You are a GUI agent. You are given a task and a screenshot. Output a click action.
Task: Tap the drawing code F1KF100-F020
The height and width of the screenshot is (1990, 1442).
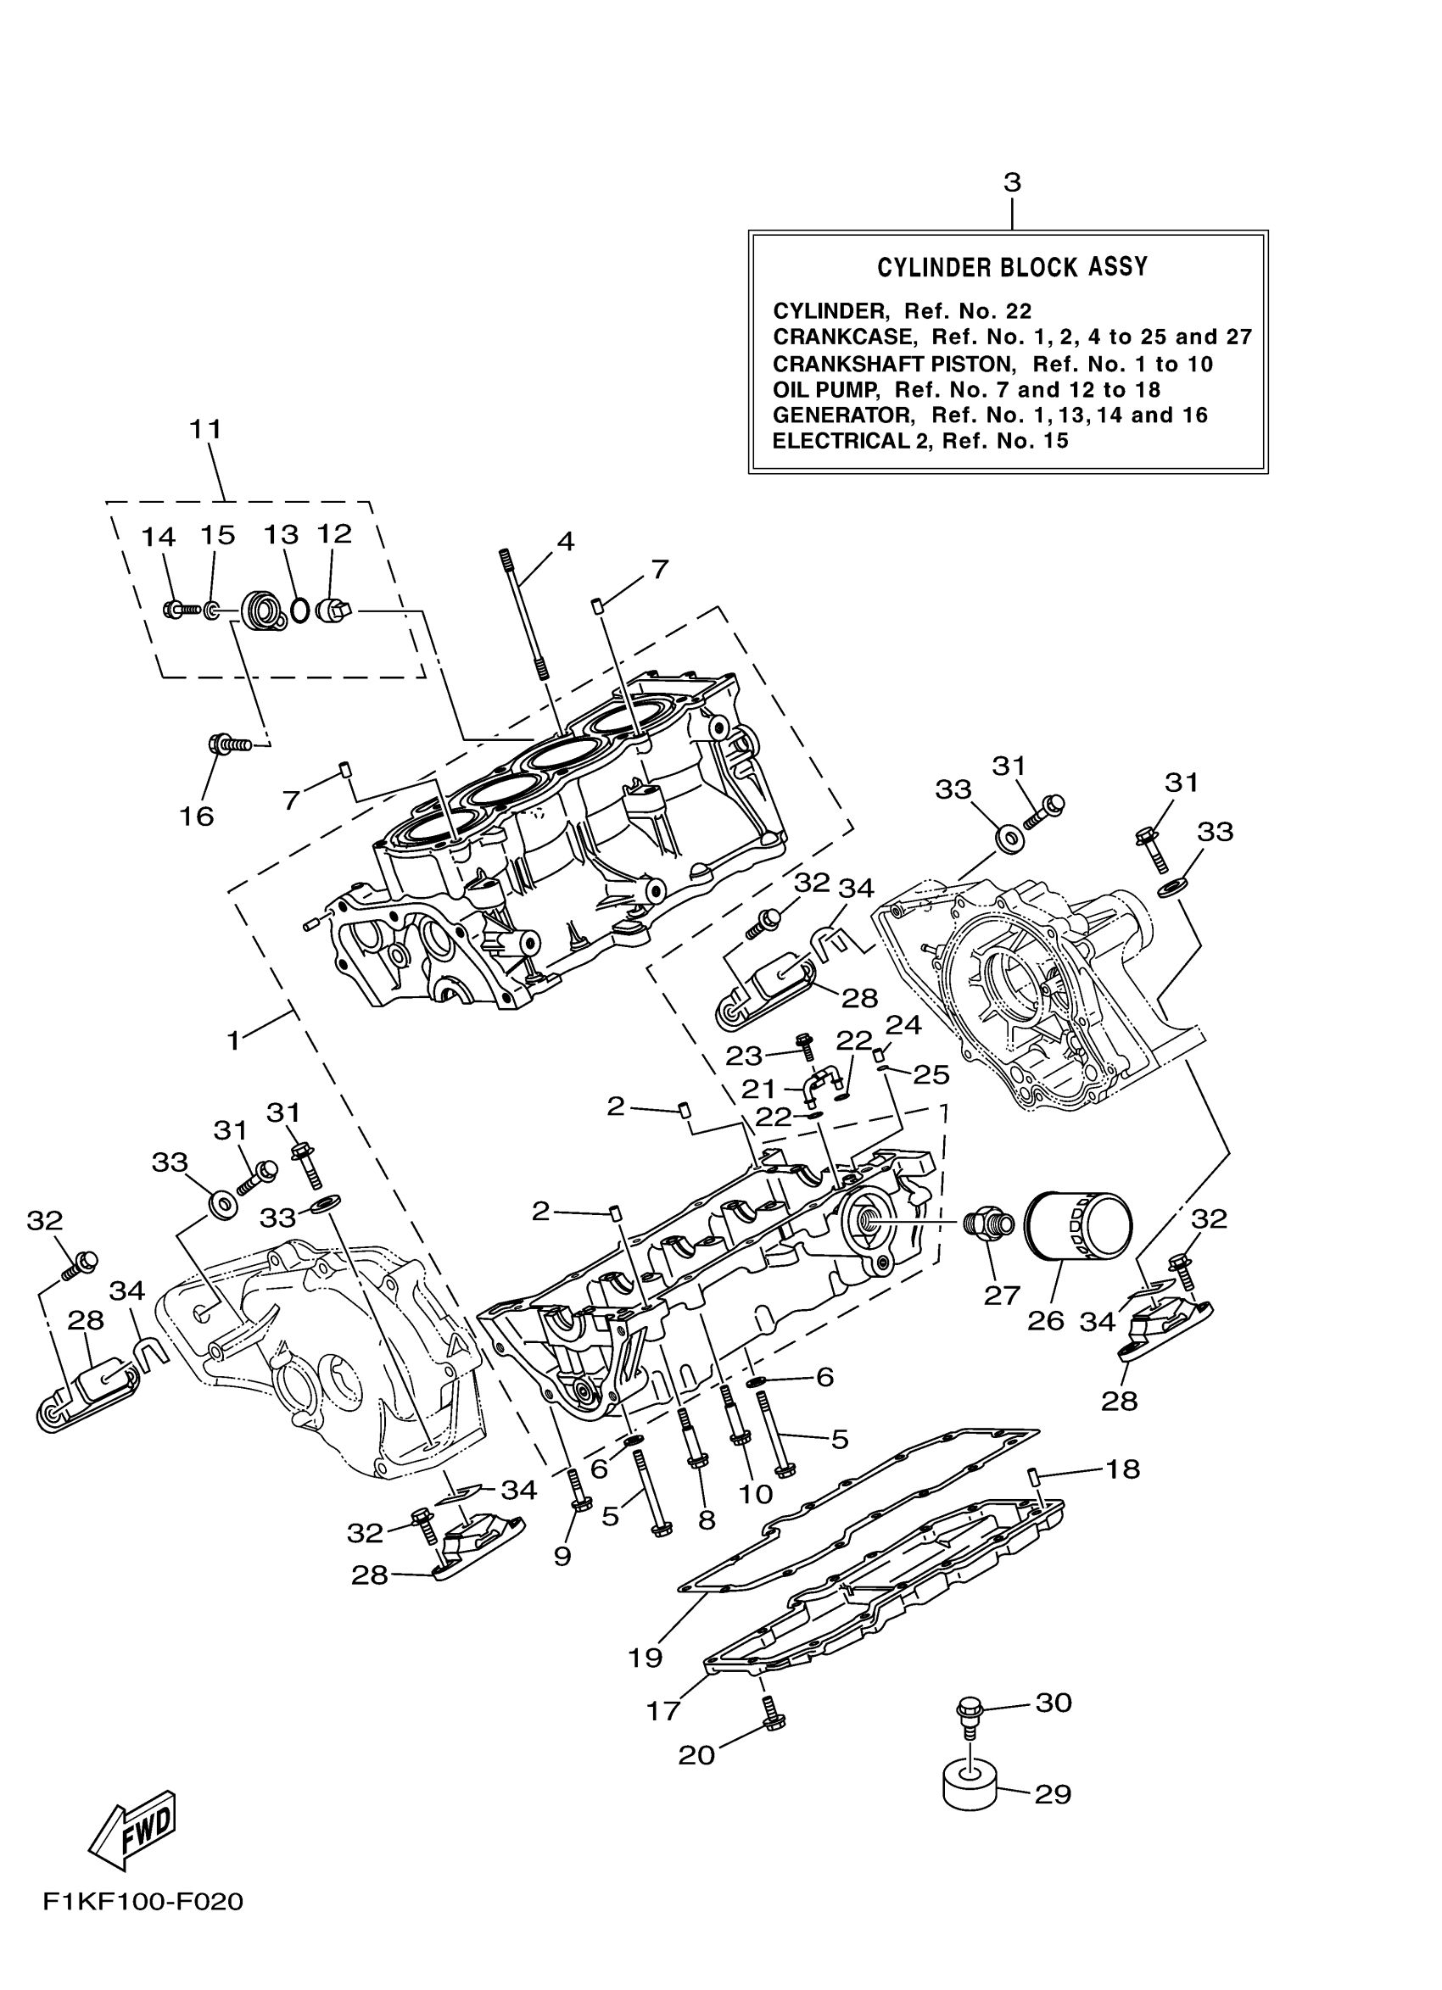(143, 1926)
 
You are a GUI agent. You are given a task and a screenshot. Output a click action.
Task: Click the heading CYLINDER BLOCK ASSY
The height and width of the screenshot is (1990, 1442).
(1012, 268)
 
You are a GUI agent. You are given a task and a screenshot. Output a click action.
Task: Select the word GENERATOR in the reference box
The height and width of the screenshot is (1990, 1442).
(842, 415)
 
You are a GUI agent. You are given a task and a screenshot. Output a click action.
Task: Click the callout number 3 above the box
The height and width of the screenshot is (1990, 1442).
(1012, 183)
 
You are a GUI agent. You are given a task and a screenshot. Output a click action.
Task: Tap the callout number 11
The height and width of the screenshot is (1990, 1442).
(205, 429)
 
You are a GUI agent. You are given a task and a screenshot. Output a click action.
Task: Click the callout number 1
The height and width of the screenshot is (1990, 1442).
(233, 1041)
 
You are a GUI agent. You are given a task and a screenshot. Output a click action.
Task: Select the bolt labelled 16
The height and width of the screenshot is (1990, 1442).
(226, 746)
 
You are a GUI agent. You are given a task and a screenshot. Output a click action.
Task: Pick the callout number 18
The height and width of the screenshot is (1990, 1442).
(1122, 1468)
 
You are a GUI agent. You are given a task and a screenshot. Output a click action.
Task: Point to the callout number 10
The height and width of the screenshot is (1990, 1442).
(756, 1492)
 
